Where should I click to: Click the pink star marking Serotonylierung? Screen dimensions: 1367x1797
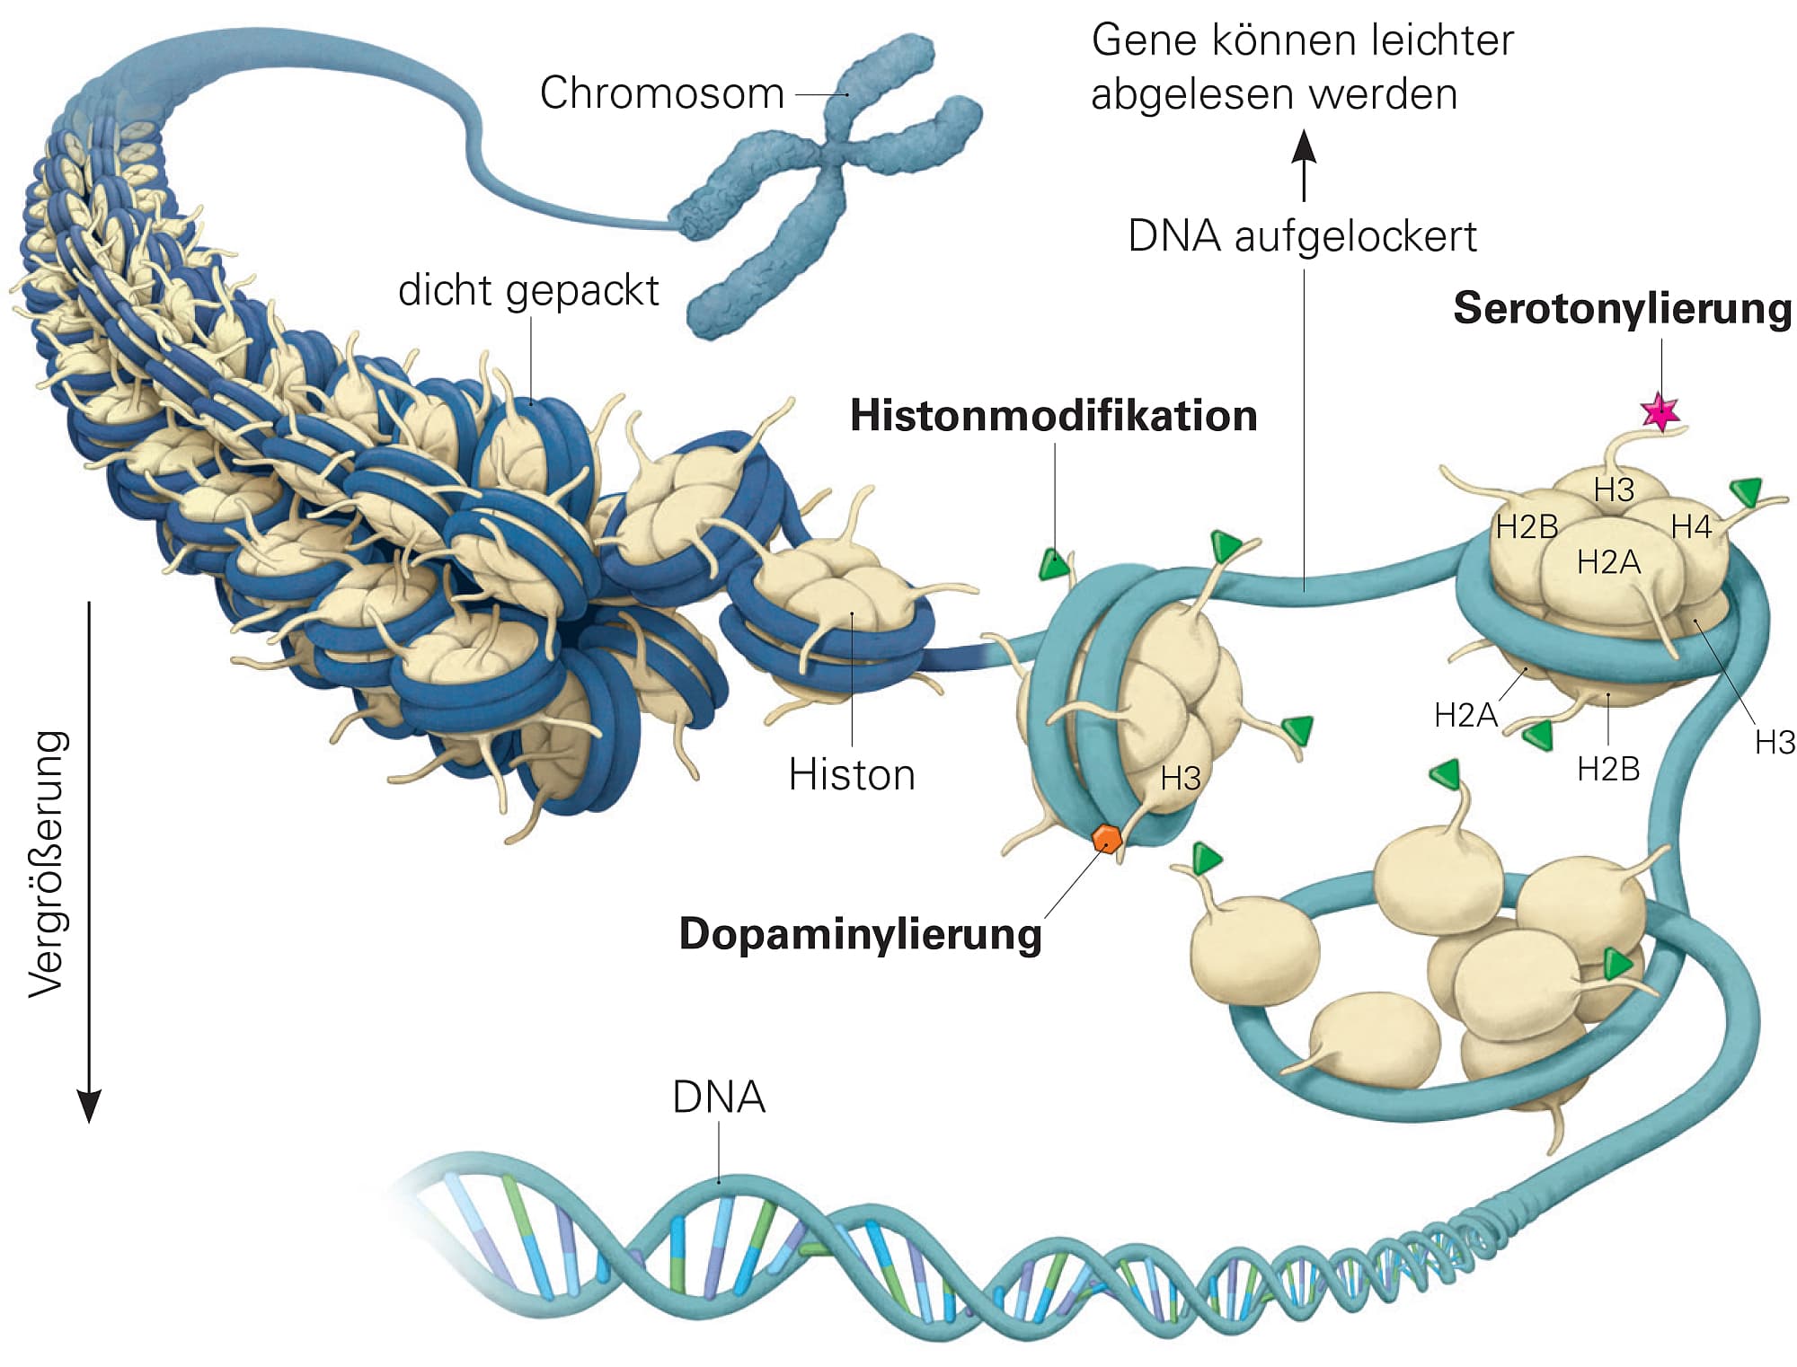point(1660,411)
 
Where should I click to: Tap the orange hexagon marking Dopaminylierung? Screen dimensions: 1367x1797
point(1106,839)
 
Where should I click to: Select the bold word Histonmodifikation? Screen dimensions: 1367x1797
point(1053,416)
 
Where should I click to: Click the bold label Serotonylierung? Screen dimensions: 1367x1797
point(1622,308)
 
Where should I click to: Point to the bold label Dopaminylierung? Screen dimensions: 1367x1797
point(860,934)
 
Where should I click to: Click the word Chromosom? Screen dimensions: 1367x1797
point(662,93)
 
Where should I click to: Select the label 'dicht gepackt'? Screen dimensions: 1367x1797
point(528,290)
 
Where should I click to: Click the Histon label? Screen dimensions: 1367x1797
point(852,774)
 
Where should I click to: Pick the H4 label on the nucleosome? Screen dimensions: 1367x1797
point(1691,527)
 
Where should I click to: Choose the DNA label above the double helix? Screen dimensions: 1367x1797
point(719,1098)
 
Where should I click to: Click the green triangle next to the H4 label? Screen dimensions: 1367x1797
point(1747,490)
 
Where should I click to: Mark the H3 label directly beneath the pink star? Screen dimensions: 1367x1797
point(1614,490)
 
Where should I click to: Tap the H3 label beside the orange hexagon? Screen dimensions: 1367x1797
point(1180,779)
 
